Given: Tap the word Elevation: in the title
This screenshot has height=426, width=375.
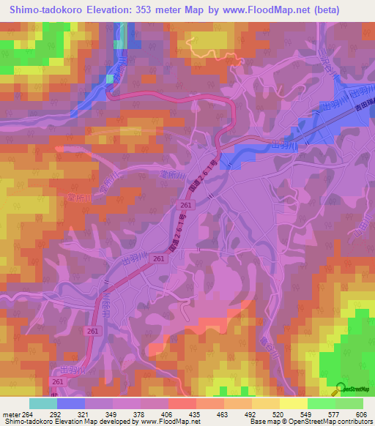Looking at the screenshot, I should pos(113,10).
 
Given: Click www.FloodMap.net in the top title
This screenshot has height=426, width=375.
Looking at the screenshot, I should pos(276,10).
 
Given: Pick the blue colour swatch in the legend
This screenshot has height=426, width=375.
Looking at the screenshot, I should pos(71,403).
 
